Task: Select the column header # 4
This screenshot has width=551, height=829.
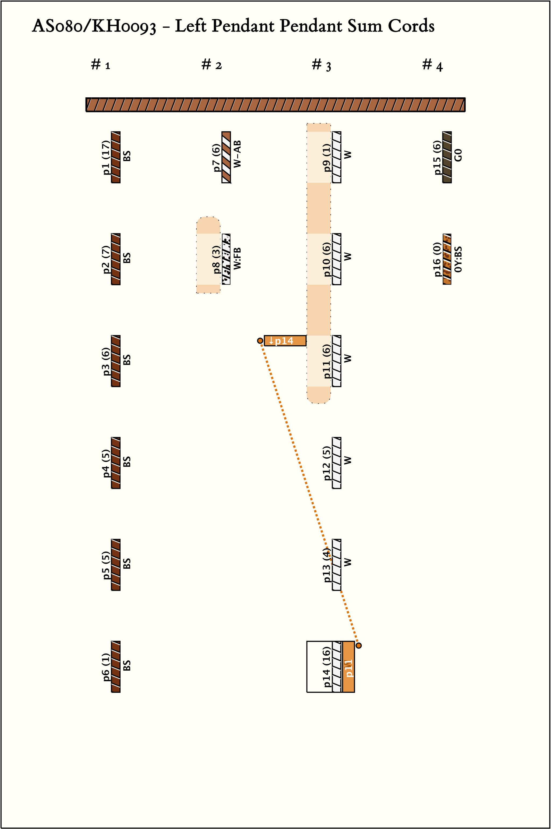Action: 432,65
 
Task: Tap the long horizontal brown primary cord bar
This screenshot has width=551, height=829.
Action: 275,105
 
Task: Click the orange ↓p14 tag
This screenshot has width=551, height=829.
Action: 285,340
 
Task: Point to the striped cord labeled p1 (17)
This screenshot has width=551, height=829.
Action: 116,157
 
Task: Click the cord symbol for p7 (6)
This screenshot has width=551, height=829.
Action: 226,157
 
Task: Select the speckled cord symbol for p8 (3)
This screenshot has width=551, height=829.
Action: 226,259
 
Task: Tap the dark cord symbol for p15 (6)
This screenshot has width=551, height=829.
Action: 447,157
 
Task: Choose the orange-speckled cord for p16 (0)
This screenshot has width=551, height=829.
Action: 447,259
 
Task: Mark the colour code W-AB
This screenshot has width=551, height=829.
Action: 238,154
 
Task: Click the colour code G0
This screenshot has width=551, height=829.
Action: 458,155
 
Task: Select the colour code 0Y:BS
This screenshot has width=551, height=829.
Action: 458,259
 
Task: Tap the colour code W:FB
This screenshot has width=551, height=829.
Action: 238,258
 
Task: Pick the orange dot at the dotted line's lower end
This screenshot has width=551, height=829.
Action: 358,645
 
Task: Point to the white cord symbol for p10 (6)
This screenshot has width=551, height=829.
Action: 337,259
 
